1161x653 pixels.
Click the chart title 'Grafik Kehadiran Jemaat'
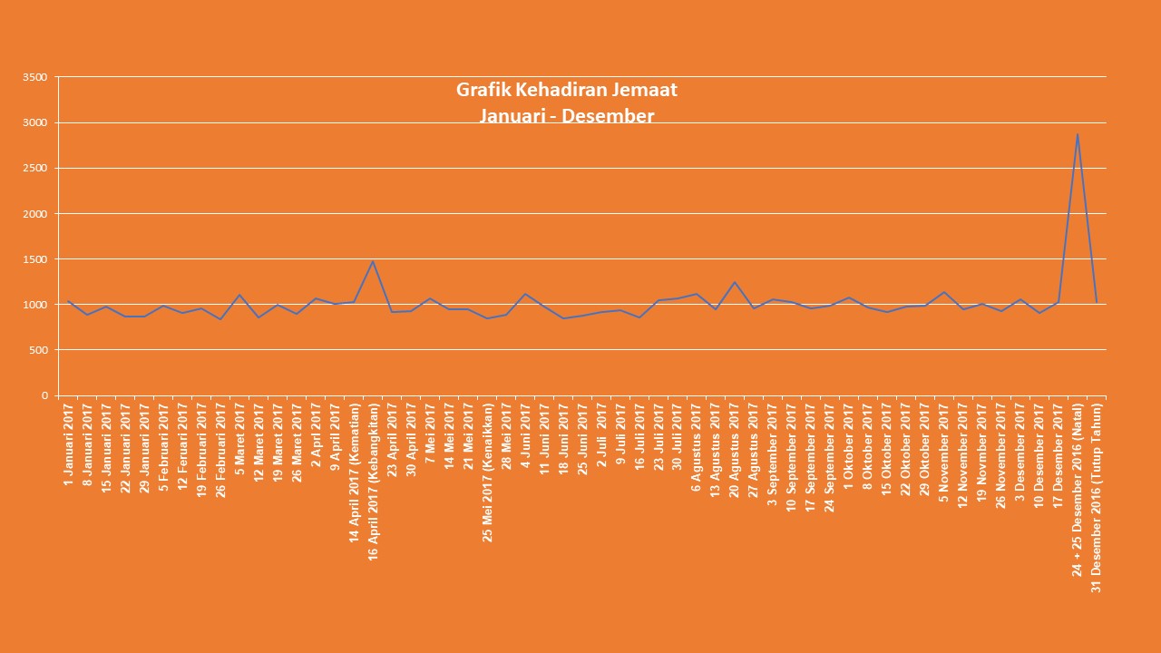click(x=567, y=90)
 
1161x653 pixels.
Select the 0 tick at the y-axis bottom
click(x=43, y=395)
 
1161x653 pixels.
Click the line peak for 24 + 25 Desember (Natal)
click(x=1077, y=134)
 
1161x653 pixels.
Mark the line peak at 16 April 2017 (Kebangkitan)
click(x=373, y=261)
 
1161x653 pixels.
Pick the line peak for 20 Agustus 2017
click(x=734, y=282)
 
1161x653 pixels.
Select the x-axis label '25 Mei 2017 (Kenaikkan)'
click(x=488, y=473)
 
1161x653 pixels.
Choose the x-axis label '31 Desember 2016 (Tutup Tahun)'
click(x=1096, y=497)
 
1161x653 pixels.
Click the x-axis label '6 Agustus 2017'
click(x=697, y=446)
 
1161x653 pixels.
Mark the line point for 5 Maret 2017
click(x=239, y=295)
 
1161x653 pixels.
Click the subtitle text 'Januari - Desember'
click(x=567, y=116)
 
